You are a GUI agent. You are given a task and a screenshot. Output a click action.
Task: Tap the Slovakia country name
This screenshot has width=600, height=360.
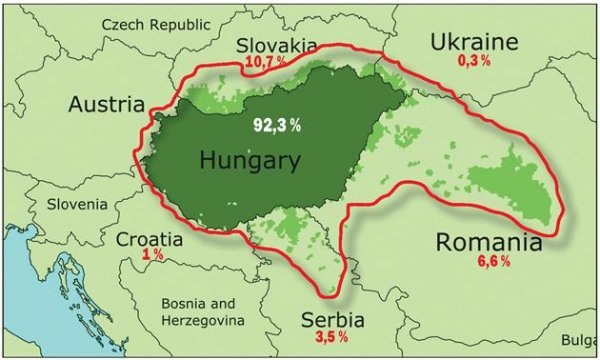click(x=277, y=46)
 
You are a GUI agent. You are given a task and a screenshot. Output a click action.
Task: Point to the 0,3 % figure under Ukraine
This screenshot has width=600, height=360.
click(x=474, y=61)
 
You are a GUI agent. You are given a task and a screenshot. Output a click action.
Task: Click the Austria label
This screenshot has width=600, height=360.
click(x=107, y=104)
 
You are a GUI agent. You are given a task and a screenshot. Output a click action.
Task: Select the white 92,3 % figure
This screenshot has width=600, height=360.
click(x=275, y=127)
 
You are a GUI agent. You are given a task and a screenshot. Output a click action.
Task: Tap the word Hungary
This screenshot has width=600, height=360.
click(x=249, y=160)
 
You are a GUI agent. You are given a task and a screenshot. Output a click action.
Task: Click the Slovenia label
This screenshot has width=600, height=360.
click(x=77, y=204)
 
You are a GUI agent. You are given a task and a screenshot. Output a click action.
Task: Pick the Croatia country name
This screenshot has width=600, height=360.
click(x=150, y=240)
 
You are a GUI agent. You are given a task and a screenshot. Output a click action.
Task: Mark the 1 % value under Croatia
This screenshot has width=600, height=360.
click(x=153, y=256)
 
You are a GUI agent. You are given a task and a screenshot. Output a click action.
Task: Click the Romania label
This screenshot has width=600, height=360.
click(x=489, y=243)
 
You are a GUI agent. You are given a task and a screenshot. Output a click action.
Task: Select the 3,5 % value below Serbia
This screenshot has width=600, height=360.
click(x=333, y=338)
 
